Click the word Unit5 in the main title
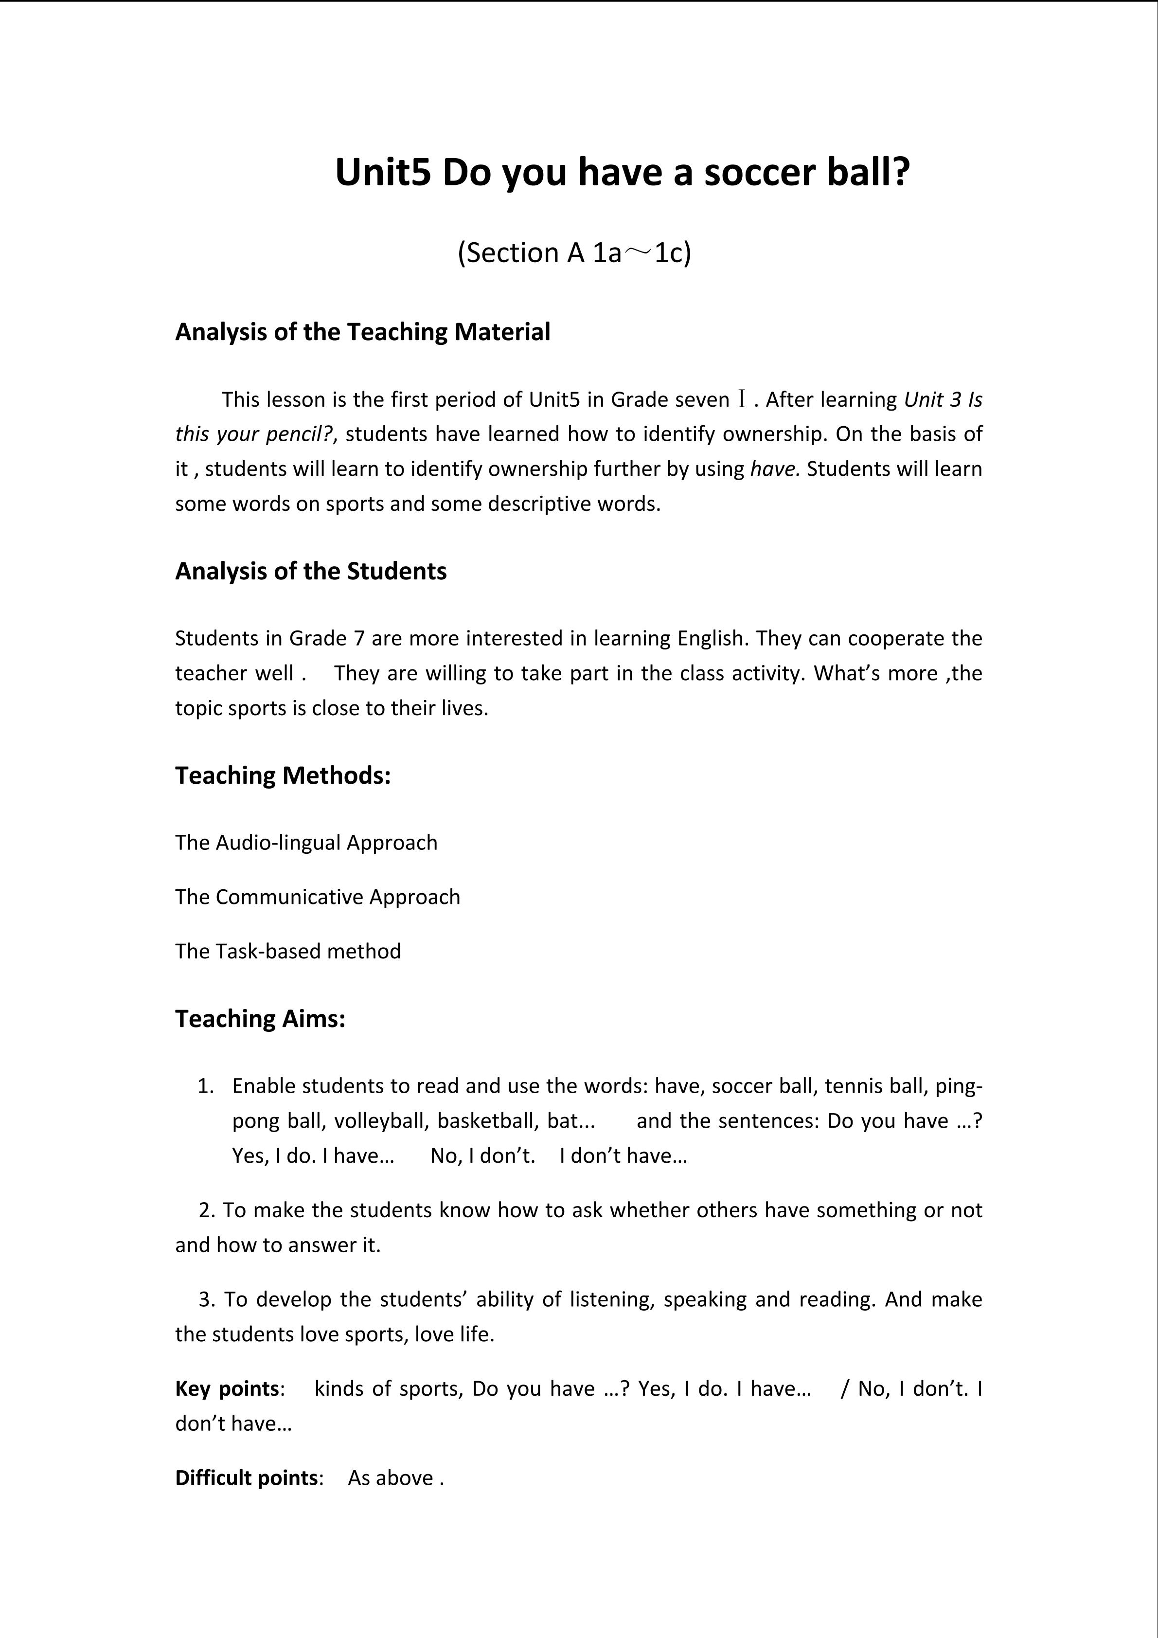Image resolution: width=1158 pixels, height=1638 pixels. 383,173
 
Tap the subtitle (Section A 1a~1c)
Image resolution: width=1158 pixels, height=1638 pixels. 574,252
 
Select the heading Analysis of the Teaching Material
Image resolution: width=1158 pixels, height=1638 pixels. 362,332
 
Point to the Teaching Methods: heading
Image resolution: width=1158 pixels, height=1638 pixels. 283,775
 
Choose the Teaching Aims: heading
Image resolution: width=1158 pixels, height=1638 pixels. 260,1018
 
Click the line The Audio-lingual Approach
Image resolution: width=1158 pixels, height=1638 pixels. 306,843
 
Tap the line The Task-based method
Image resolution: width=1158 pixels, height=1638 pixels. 288,951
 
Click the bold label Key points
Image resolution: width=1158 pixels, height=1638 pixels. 227,1388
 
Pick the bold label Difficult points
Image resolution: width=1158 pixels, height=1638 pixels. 246,1477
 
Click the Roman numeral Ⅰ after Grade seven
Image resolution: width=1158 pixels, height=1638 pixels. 742,399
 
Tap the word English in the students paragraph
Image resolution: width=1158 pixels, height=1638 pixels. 710,638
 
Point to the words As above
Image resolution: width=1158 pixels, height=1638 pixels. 391,1477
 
